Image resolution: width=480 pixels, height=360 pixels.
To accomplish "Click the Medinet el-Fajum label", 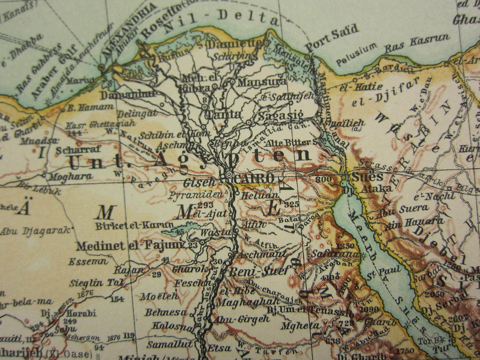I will pyautogui.click(x=129, y=245).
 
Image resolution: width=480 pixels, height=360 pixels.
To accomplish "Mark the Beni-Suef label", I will pyautogui.click(x=258, y=271).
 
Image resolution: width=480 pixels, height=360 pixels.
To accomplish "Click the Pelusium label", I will pyautogui.click(x=356, y=54).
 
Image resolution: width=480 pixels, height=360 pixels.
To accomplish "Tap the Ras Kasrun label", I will pyautogui.click(x=417, y=43).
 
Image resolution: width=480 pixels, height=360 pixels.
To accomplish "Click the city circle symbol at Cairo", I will pyautogui.click(x=229, y=175).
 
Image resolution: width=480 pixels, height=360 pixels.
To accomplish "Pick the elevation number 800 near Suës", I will pyautogui.click(x=324, y=179).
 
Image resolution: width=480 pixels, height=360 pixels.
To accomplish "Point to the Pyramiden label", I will pyautogui.click(x=195, y=195).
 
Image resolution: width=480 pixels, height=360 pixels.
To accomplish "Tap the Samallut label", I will pyautogui.click(x=170, y=344).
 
